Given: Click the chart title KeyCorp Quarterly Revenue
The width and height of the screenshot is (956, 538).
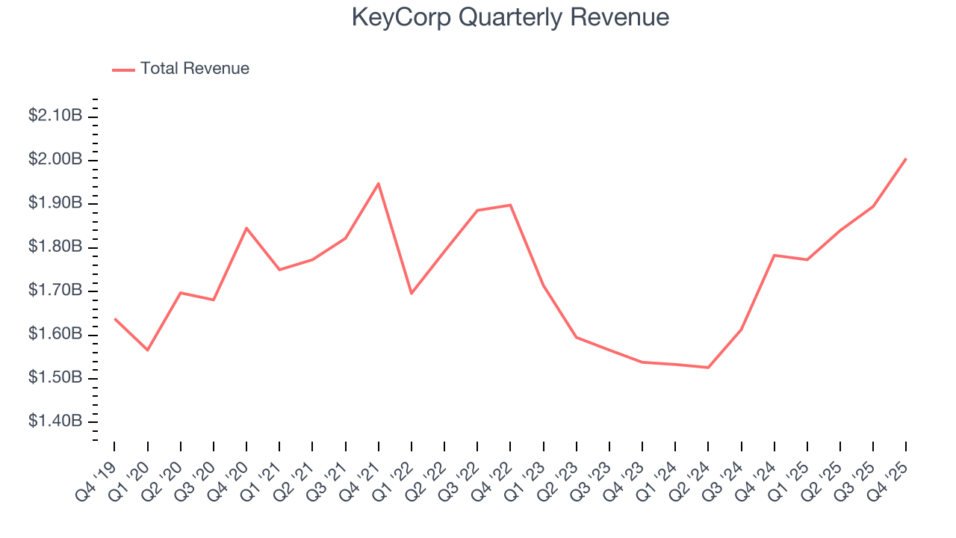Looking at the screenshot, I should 510,17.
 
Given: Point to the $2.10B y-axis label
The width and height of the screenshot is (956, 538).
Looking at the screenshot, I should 55,116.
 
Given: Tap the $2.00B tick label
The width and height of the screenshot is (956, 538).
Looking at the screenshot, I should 55,160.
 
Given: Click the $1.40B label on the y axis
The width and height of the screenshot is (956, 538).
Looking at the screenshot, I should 55,421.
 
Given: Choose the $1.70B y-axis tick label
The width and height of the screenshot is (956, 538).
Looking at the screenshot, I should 55,291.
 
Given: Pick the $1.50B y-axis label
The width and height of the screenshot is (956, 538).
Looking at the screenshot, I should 55,378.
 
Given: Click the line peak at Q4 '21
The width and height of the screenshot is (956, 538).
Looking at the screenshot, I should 379,183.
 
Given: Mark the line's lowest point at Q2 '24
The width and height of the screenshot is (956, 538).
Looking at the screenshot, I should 708,368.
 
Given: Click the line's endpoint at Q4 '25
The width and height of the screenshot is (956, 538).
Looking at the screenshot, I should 906,158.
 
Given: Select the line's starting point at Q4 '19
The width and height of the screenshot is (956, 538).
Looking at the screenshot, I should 114,318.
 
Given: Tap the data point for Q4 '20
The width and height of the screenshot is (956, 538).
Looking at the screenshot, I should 246,228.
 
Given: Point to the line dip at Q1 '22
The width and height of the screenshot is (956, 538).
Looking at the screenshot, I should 412,293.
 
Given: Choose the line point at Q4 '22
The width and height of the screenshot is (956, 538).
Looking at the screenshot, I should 510,205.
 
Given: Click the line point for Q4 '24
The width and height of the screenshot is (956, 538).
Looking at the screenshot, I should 775,256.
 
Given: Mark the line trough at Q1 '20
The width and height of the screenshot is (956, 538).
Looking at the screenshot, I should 148,350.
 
